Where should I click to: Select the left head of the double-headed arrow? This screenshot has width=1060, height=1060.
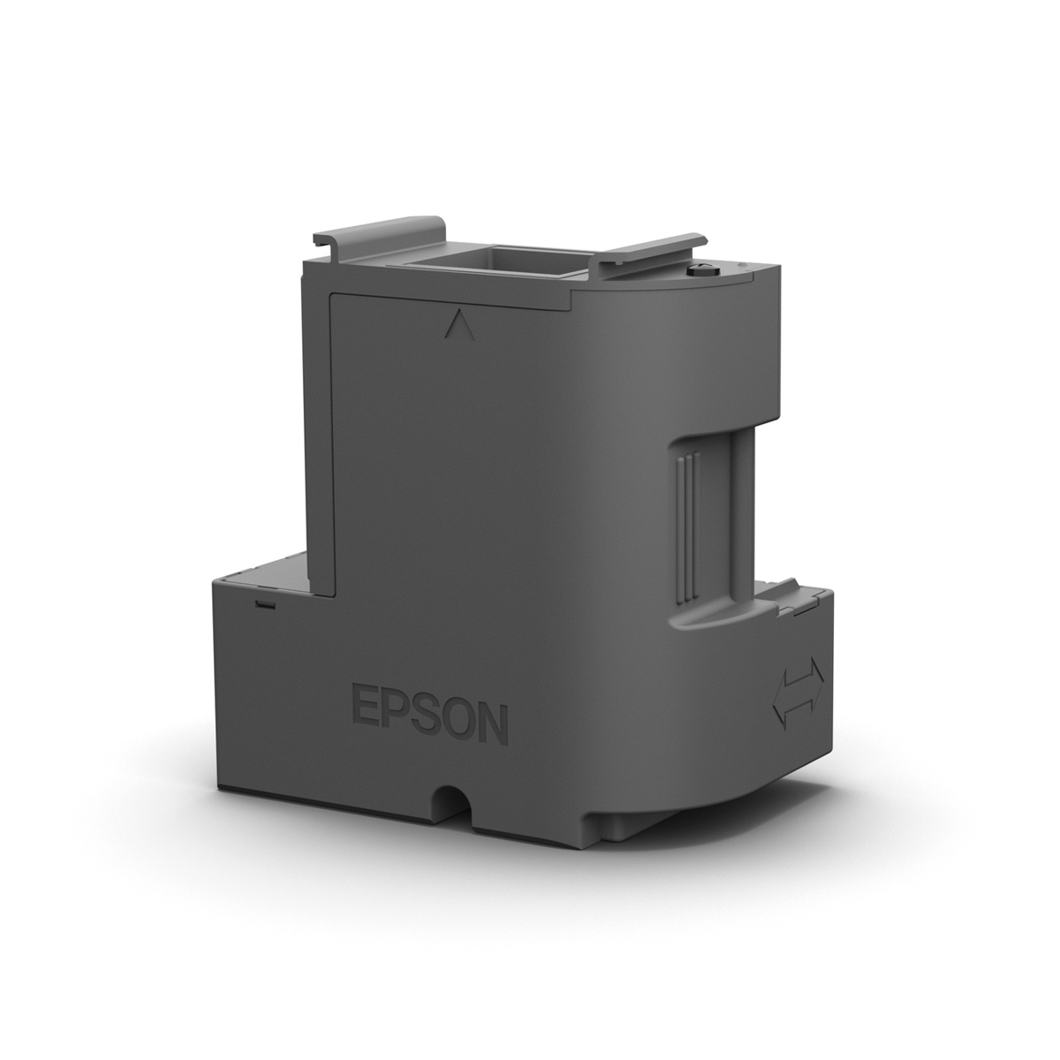[x=780, y=698]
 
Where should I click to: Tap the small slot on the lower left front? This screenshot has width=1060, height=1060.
[x=262, y=604]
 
